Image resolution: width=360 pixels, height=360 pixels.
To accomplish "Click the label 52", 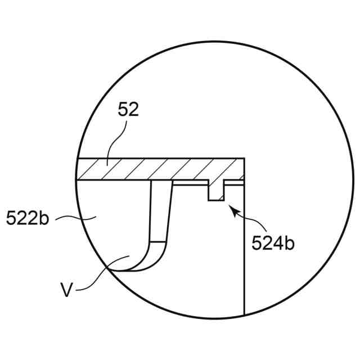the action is (128, 110).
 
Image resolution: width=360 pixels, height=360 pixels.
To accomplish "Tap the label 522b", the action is (28, 218).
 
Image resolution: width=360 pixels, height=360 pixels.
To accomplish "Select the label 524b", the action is (273, 242).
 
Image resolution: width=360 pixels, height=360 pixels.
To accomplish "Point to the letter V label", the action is (66, 290).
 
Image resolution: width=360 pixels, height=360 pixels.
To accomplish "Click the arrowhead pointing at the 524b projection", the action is (233, 210).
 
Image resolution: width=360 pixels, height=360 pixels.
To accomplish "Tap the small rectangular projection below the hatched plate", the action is (216, 191).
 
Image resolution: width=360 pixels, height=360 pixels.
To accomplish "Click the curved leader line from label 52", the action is (115, 143).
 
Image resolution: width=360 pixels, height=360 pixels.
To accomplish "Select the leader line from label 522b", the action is (76, 218).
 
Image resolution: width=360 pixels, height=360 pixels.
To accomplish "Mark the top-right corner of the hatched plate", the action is (244, 158).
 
